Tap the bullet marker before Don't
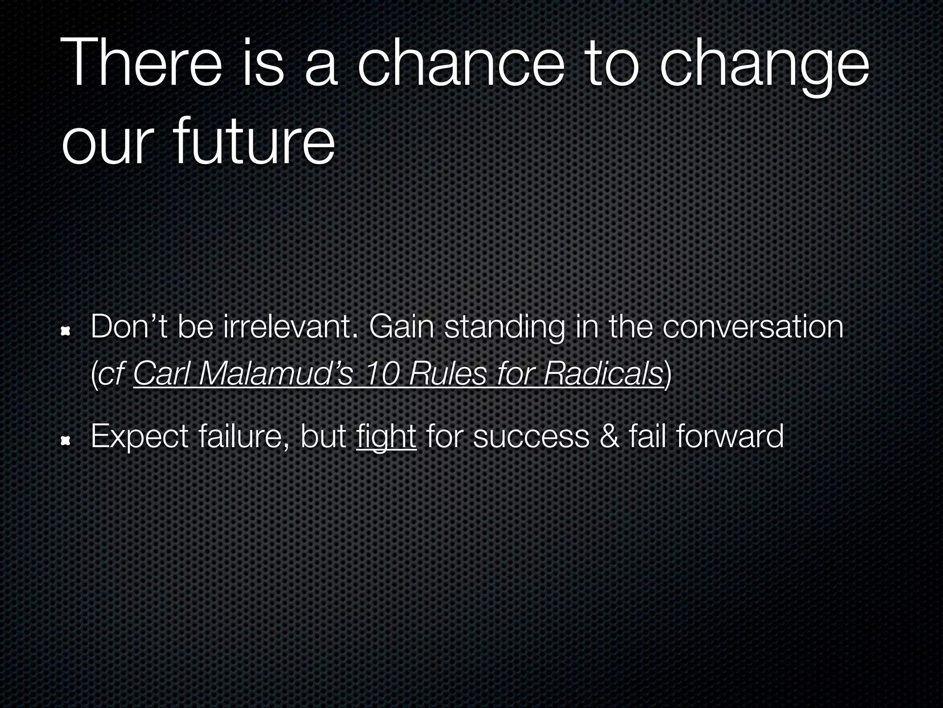[66, 330]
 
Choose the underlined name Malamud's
[276, 374]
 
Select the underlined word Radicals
[603, 374]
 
